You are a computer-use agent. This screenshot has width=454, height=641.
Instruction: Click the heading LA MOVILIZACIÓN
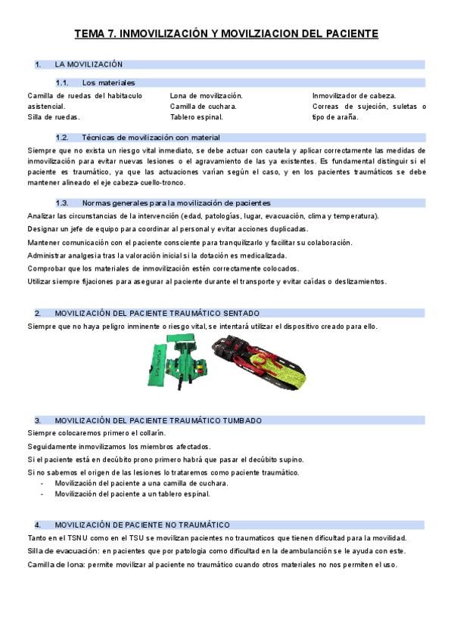click(89, 65)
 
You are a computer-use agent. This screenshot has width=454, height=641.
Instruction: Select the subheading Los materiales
click(108, 82)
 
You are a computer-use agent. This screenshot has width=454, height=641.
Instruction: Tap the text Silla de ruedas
click(54, 117)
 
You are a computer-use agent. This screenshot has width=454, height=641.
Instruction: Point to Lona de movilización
click(206, 96)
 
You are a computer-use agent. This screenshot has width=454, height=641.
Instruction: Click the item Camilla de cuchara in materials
click(204, 107)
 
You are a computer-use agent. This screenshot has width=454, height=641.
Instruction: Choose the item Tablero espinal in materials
click(197, 117)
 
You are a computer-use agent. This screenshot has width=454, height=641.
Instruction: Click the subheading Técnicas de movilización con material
click(151, 138)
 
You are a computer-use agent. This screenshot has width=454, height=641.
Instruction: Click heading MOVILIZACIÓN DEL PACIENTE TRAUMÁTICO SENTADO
click(157, 313)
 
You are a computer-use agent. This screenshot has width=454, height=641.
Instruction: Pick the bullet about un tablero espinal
click(132, 494)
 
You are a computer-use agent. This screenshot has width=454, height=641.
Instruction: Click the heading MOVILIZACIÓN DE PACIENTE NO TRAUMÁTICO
click(142, 525)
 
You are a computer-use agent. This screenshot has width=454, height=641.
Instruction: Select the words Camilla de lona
click(53, 565)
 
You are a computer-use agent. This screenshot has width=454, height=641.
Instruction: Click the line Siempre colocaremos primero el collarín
click(96, 433)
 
